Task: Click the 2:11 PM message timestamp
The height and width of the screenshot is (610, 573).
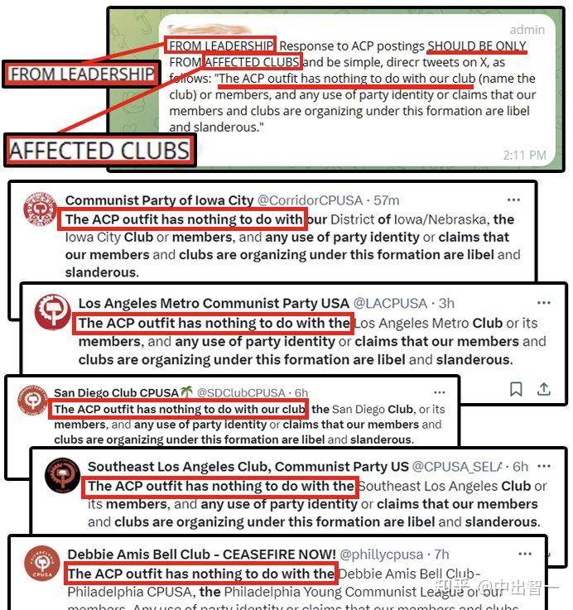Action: (523, 155)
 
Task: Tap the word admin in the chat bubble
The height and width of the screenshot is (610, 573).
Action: (527, 30)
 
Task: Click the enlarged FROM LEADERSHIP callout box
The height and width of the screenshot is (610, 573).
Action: (82, 74)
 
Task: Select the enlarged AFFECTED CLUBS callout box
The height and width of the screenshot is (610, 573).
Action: (99, 151)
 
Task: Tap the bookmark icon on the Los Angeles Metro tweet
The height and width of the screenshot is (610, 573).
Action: (516, 388)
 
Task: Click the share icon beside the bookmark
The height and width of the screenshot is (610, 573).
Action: (544, 388)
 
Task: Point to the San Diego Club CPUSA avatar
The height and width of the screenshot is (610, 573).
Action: (32, 402)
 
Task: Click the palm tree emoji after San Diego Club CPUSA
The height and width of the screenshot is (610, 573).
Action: (186, 392)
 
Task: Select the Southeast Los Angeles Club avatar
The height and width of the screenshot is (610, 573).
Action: (62, 476)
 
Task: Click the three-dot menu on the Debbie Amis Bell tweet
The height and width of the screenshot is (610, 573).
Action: (523, 553)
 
